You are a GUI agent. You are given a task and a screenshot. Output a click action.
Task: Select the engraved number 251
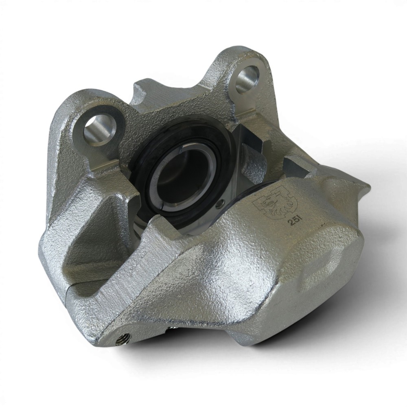[293, 222]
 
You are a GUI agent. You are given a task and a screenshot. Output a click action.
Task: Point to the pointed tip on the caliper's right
[369, 186]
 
